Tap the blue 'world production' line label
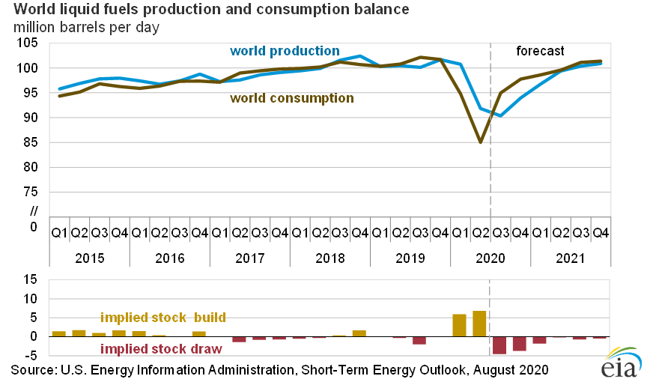(x=285, y=51)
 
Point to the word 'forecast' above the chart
(x=540, y=51)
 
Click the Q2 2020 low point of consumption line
(x=479, y=142)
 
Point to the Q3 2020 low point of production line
(x=499, y=115)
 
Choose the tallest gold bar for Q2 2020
(x=479, y=324)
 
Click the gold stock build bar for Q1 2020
(x=459, y=325)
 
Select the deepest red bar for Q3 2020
(x=499, y=345)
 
